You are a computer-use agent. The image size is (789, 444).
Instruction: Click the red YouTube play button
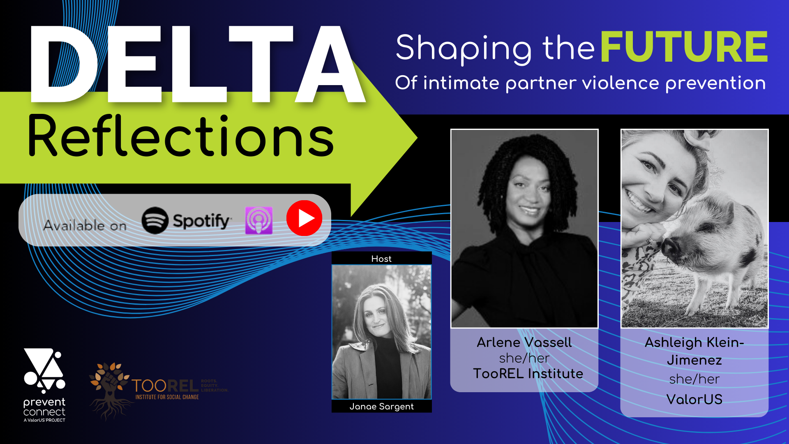(304, 218)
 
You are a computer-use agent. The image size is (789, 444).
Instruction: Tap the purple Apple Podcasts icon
(259, 220)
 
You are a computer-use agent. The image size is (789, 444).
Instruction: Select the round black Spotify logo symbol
(155, 220)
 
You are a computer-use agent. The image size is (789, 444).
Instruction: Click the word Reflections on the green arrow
(181, 136)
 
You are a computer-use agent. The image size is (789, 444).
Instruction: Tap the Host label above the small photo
(381, 259)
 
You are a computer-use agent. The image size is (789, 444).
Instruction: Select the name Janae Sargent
(381, 407)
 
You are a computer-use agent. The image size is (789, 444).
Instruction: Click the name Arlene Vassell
(524, 342)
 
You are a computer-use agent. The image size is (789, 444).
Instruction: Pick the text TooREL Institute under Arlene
(528, 374)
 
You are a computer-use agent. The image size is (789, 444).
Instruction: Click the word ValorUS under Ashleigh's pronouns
(694, 400)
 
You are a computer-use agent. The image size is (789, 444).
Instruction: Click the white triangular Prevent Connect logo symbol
(44, 369)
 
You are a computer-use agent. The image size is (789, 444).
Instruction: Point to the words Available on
(85, 225)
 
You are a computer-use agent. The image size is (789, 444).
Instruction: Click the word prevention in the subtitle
(715, 83)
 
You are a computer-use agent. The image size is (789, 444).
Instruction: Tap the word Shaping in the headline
(464, 49)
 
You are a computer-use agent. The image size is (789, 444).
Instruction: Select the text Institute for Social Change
(167, 397)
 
